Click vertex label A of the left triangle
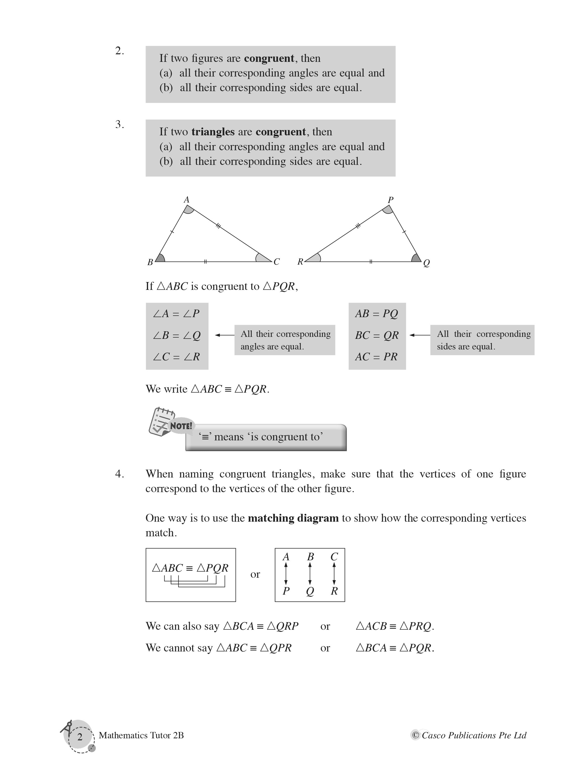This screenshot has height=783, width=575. click(187, 199)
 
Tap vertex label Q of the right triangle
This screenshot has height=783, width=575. click(426, 263)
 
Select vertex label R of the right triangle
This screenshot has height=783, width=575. click(300, 262)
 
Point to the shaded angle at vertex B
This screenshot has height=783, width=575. click(160, 258)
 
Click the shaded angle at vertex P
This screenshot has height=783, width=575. click(388, 209)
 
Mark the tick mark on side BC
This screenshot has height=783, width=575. click(205, 262)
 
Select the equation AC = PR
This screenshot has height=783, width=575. click(376, 357)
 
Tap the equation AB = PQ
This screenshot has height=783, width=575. click(377, 314)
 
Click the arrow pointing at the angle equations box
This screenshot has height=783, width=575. click(224, 335)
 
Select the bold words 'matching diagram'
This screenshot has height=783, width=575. click(293, 518)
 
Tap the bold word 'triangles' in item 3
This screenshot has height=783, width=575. click(213, 132)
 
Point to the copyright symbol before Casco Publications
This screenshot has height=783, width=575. click(415, 735)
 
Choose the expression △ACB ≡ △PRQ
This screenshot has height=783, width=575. click(395, 626)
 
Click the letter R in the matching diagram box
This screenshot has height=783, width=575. click(334, 591)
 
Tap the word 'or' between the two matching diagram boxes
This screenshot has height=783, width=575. click(255, 574)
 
